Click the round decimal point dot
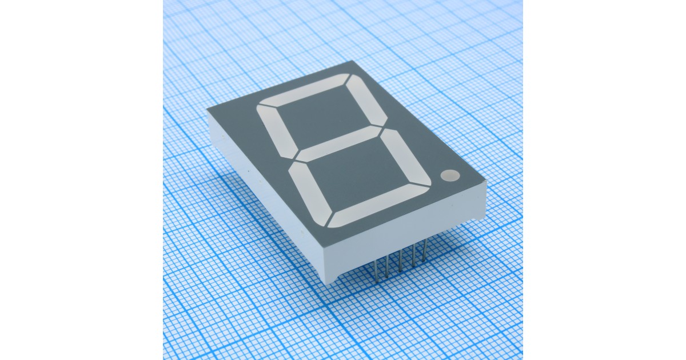coord(450,175)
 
